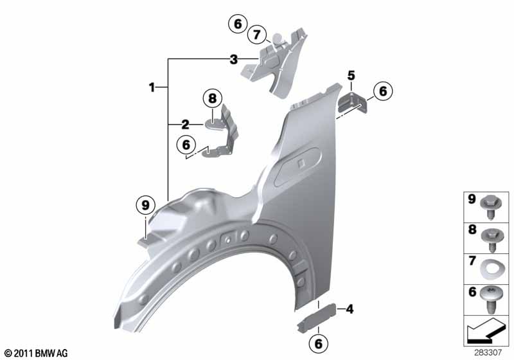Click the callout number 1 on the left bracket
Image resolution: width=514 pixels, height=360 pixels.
click(x=152, y=87)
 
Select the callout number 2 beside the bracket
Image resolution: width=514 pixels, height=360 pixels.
click(x=185, y=125)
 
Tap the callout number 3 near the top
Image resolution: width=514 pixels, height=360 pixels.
click(x=233, y=60)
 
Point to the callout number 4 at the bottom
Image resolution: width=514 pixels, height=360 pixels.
click(x=350, y=309)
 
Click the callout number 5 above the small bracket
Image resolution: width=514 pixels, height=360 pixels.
click(x=351, y=75)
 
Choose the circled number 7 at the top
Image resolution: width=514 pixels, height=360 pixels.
click(x=256, y=35)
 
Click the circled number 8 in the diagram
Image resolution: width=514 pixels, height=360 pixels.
click(x=213, y=98)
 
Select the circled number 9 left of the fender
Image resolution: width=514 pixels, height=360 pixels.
click(x=145, y=205)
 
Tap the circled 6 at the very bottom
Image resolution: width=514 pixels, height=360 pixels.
click(x=318, y=343)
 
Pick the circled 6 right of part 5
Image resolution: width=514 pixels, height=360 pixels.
click(x=383, y=91)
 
